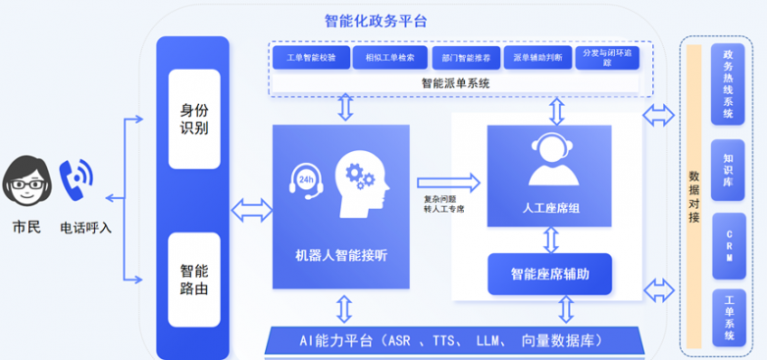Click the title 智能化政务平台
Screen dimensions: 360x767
click(376, 20)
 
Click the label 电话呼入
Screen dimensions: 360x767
click(86, 228)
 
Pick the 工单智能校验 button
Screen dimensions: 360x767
click(310, 58)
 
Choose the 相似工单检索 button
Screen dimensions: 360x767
click(386, 58)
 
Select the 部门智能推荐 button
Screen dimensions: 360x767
click(463, 58)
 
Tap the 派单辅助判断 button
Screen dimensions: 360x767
click(537, 58)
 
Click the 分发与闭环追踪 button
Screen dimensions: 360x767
click(609, 58)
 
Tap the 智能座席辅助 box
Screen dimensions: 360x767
click(550, 274)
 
